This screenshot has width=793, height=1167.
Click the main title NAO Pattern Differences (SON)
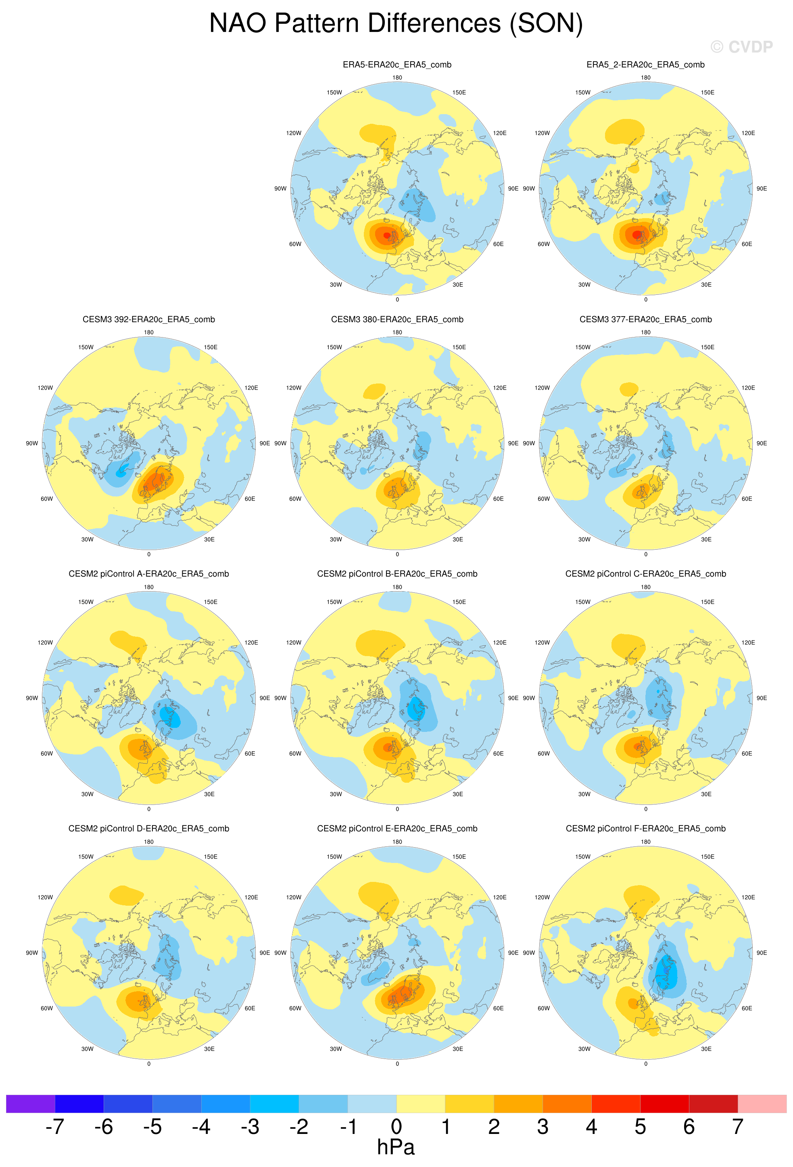(x=396, y=24)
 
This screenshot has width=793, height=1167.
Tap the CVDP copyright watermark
(x=741, y=47)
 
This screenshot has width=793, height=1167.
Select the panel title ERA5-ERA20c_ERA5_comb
(x=397, y=65)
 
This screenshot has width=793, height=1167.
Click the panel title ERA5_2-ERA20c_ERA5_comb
(x=645, y=65)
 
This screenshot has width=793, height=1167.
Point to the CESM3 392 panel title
(x=149, y=319)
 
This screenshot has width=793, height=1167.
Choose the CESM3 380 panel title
(x=397, y=319)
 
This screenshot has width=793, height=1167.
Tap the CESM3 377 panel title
(x=645, y=319)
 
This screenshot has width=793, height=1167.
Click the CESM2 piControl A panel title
(x=149, y=574)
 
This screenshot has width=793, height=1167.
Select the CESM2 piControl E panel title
(x=397, y=829)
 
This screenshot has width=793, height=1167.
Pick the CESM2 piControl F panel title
(x=645, y=829)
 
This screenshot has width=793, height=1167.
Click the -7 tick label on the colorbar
(x=55, y=1126)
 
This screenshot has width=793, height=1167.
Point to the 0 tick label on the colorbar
(x=396, y=1126)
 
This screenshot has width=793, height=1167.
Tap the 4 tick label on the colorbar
(x=591, y=1126)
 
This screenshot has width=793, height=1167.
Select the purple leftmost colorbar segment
(x=30, y=1104)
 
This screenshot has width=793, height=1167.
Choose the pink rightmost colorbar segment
(x=762, y=1104)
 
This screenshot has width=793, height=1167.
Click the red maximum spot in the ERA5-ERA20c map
(x=386, y=235)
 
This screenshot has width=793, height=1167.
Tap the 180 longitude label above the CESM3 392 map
(x=149, y=332)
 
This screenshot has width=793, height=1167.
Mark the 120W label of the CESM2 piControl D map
(x=45, y=897)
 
